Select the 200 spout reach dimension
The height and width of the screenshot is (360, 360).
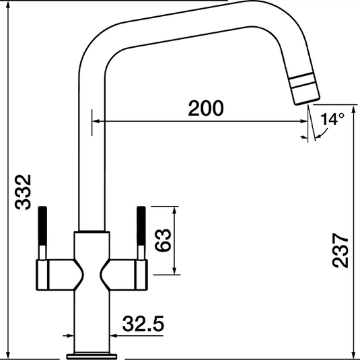point(205,108)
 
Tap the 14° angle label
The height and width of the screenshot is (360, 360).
point(332,120)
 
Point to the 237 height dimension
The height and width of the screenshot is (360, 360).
point(342,250)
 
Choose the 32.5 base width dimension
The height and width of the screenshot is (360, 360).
point(143,325)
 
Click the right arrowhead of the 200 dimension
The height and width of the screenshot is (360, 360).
point(304,122)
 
